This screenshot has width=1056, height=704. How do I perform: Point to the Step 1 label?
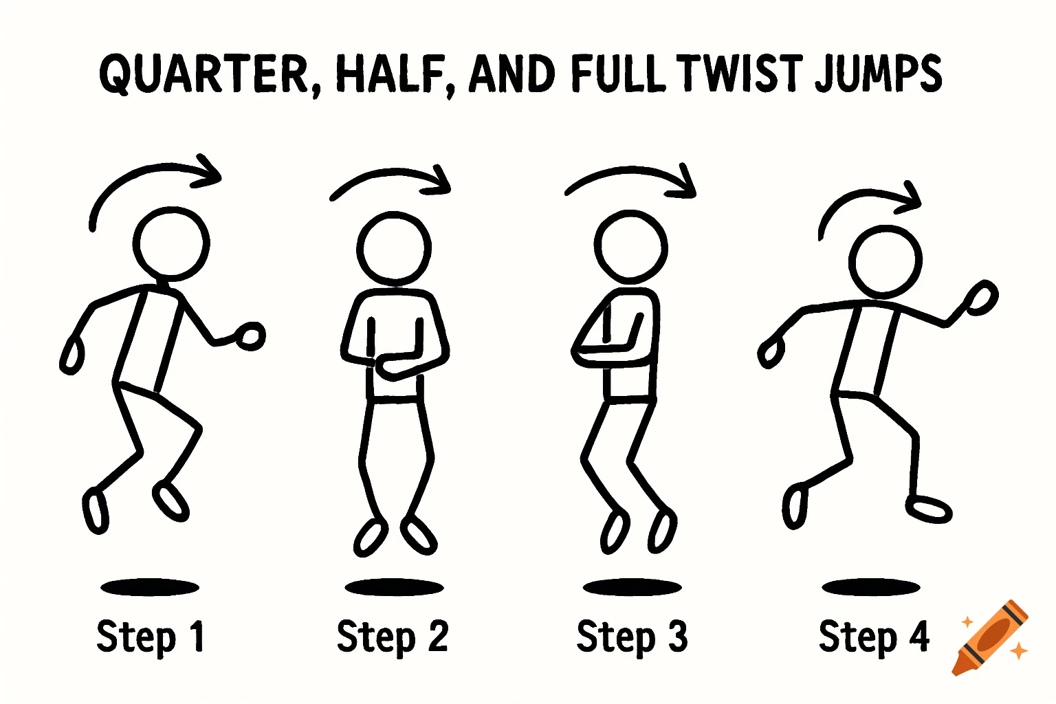(151, 637)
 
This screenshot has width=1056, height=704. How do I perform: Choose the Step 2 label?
(393, 637)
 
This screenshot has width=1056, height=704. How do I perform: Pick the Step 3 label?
(632, 637)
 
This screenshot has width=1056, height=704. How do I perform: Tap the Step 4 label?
(874, 637)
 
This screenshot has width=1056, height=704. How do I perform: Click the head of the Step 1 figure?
(171, 243)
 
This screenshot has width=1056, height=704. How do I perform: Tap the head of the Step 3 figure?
(630, 246)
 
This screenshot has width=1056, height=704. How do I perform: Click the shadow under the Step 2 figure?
(394, 587)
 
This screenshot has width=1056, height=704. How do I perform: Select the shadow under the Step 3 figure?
(632, 587)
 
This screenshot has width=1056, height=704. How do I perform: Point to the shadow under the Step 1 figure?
(150, 587)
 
